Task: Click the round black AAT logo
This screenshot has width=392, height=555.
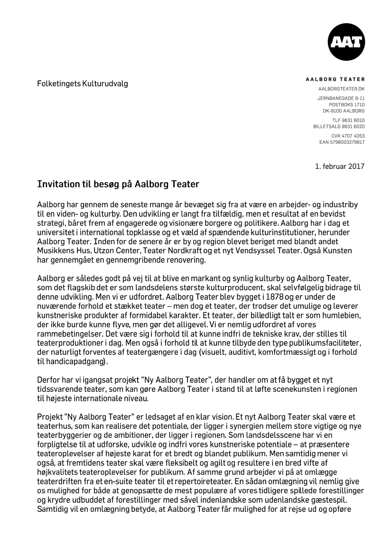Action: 346,42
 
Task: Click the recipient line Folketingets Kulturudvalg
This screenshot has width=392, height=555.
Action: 83,84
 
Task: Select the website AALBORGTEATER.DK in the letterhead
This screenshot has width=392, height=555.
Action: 341,89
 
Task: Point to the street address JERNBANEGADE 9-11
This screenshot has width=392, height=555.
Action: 341,98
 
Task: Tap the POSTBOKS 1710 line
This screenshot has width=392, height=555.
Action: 347,104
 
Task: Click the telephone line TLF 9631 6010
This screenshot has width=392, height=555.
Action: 348,120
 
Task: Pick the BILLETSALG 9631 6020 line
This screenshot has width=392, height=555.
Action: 339,127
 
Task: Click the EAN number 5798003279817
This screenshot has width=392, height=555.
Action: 342,142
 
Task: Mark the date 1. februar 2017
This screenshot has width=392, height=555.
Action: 340,166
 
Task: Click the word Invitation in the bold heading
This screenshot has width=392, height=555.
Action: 56,184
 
